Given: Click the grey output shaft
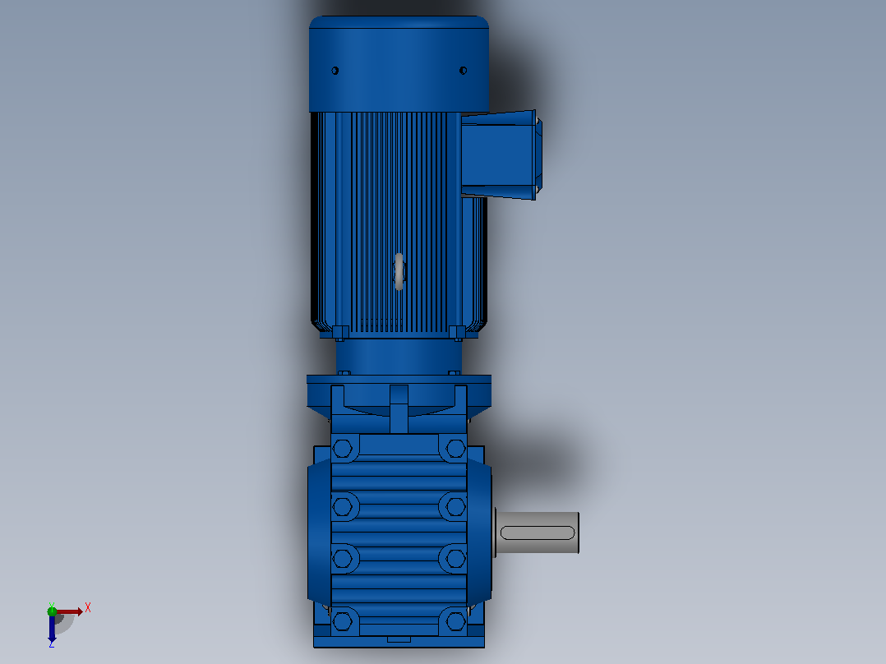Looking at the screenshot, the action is (537, 533).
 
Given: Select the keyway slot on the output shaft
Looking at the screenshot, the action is (538, 533).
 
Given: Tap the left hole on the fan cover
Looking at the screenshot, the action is (335, 71).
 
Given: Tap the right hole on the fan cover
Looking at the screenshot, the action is (464, 71).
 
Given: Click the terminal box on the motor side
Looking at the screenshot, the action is (501, 154).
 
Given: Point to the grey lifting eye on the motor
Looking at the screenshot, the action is (399, 272).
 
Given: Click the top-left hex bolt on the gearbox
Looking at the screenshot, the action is (343, 449).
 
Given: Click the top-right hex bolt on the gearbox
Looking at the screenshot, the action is (455, 449).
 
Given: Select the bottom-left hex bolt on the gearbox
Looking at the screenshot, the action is (343, 621).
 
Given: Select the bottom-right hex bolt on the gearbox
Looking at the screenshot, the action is (455, 621).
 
